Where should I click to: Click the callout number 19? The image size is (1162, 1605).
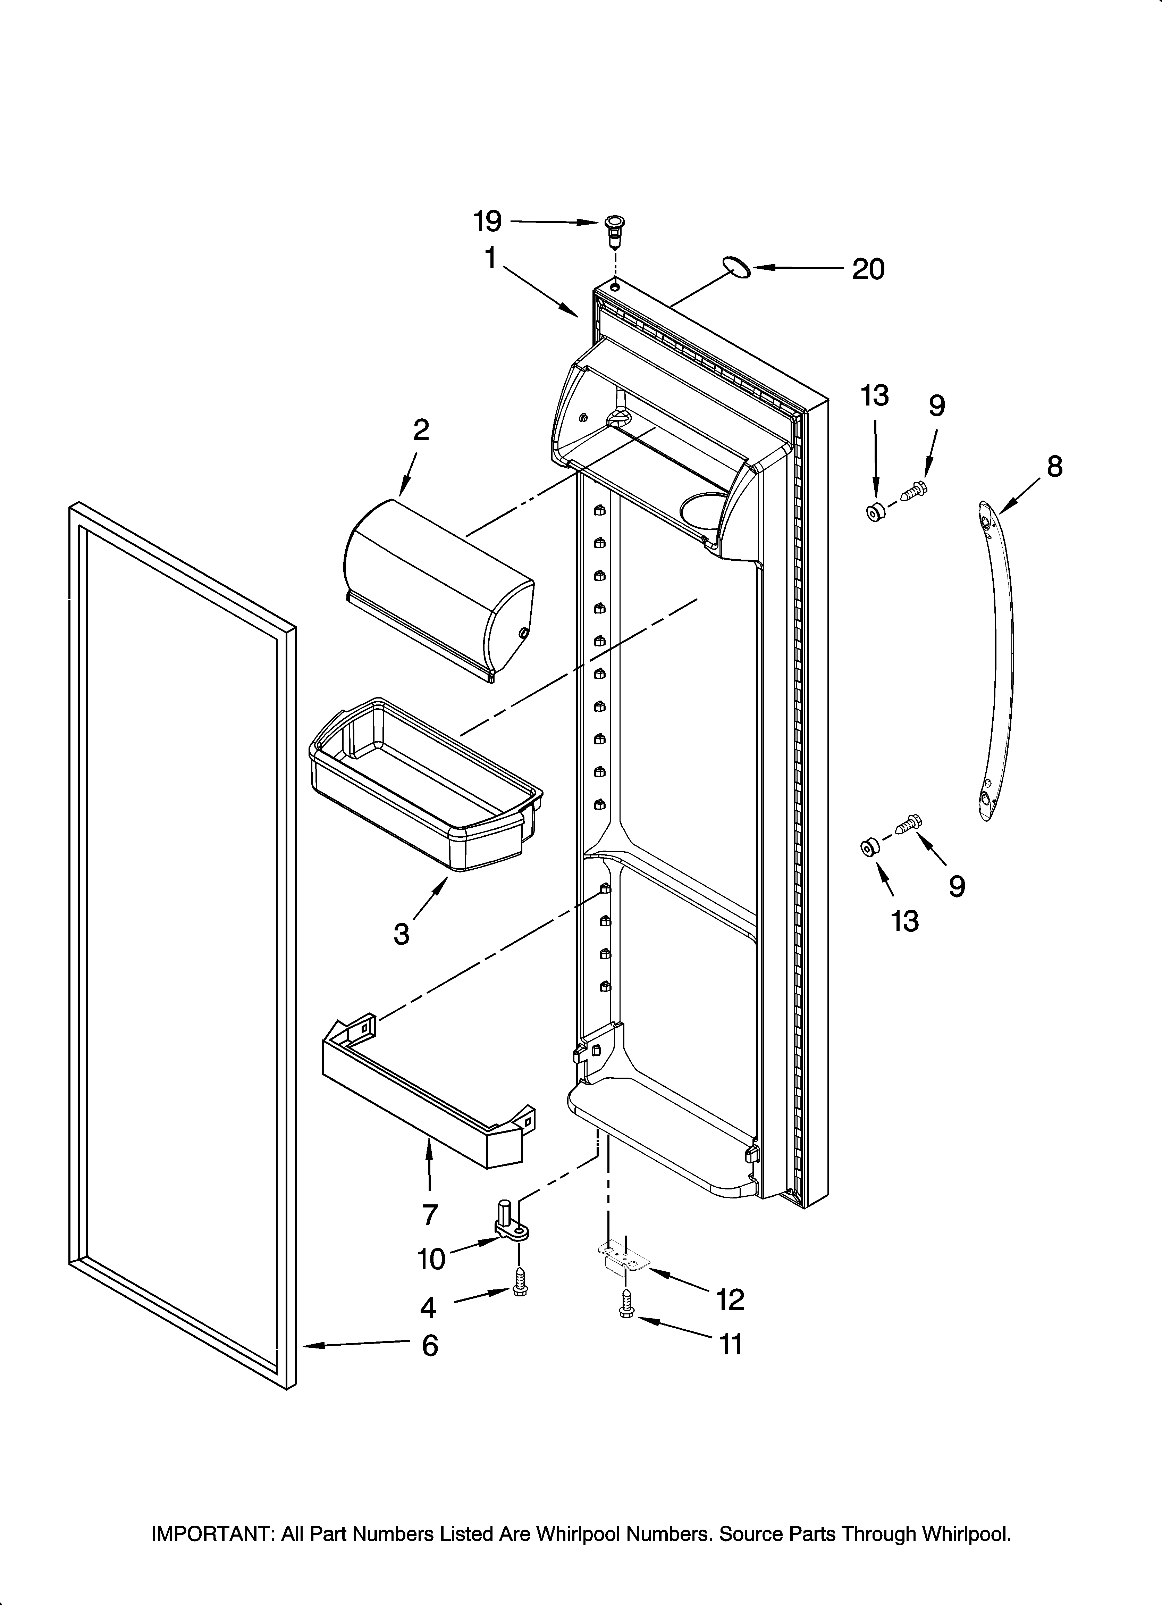(488, 221)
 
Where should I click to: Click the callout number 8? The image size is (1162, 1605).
(1054, 466)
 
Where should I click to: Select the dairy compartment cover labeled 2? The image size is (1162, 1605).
(439, 587)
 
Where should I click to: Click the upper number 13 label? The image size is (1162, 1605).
(875, 395)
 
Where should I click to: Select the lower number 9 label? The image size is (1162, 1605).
(957, 886)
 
